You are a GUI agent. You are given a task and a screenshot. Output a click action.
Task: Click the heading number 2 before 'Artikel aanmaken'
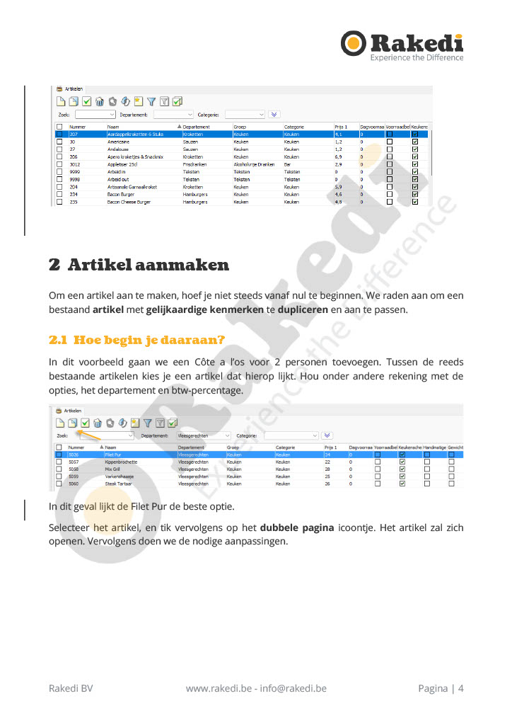click(x=54, y=266)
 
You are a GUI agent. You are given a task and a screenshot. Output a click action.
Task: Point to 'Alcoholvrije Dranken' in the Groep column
click(x=254, y=164)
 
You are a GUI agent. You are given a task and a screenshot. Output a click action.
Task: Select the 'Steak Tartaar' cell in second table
click(x=117, y=484)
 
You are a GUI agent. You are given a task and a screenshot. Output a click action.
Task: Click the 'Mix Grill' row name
click(x=113, y=469)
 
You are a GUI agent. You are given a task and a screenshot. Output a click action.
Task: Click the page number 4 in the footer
click(x=461, y=688)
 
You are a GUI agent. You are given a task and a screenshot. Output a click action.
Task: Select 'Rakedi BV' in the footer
click(x=71, y=688)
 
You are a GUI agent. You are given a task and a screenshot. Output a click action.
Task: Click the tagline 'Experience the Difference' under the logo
click(x=417, y=57)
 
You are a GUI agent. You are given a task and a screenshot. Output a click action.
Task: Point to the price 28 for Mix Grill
click(x=327, y=469)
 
